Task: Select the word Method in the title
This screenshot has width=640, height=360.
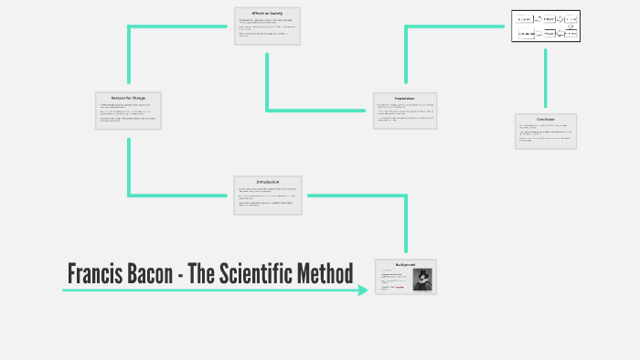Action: [x=330, y=273]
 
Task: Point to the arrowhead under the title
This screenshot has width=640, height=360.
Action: [x=363, y=291]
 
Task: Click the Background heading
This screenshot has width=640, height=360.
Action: [x=406, y=263]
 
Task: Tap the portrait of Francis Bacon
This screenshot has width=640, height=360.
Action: [x=422, y=280]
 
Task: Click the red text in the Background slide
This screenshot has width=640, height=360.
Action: [x=393, y=287]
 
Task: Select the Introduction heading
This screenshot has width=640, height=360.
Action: [x=267, y=181]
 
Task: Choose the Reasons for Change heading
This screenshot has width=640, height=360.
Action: [x=128, y=97]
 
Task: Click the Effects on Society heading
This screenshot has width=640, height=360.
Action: [x=267, y=13]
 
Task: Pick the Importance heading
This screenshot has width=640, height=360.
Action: [x=405, y=98]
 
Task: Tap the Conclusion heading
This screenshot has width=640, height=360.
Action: [x=546, y=119]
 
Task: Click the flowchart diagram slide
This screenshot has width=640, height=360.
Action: [x=546, y=26]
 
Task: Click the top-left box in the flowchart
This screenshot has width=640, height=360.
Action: [x=525, y=18]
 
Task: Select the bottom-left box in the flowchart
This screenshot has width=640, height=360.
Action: [x=526, y=33]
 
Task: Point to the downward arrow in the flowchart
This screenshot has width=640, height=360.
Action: [x=571, y=26]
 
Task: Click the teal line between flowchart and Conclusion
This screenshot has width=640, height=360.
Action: [x=546, y=78]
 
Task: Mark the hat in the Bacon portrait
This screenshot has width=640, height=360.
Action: [x=422, y=272]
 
